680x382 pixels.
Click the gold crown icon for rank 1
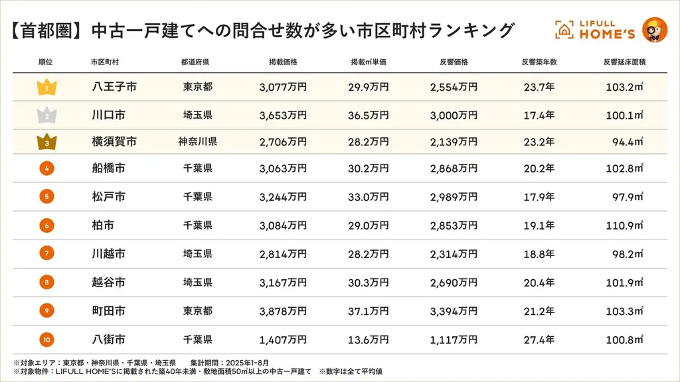point(46,87)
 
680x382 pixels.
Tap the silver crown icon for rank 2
point(46,115)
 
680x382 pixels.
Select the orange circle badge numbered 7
point(46,253)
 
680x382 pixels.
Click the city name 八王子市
point(114,87)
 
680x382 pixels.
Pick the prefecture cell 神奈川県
point(197,141)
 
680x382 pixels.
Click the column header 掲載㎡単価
point(369,62)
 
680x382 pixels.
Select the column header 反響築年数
point(539,62)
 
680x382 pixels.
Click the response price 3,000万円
point(454,115)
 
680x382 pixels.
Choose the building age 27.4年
point(539,340)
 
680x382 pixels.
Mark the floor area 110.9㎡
point(624,225)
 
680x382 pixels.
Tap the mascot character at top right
point(654,30)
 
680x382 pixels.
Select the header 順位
point(46,62)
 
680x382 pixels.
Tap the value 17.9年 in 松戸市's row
point(539,197)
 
